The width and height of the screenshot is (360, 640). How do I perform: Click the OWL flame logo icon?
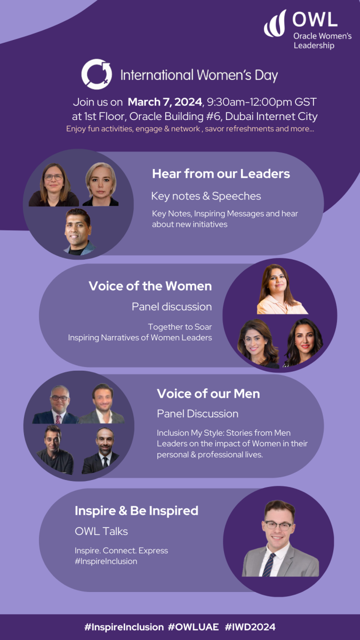pos(275,24)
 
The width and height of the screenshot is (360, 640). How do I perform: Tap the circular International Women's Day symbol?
pos(97,74)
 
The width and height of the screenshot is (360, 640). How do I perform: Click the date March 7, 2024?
pos(165,102)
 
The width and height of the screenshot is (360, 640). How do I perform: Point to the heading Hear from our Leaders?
pos(221,174)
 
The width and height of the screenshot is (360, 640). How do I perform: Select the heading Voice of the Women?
pos(150,286)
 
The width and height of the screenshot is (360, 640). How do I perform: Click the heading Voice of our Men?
pos(209,394)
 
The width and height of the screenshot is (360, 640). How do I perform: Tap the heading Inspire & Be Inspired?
pos(137,511)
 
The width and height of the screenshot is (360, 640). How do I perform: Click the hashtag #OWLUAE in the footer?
pos(194,627)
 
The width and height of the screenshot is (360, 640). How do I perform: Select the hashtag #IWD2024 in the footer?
pos(250,627)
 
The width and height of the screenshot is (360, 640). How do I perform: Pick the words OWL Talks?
pos(101,531)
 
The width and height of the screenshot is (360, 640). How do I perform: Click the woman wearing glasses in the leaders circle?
pos(53,185)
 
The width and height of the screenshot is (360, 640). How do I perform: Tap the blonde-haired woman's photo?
pos(101,185)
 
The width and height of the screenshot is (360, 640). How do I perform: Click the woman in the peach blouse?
pos(282,289)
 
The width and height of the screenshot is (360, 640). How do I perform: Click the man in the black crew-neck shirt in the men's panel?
pos(55,450)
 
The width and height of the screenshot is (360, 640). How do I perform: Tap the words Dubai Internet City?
pos(271,117)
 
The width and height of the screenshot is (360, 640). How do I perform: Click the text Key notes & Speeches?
pos(206,196)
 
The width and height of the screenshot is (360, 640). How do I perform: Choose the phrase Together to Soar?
pos(180,327)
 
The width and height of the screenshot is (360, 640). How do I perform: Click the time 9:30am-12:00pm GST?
pos(262,102)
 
